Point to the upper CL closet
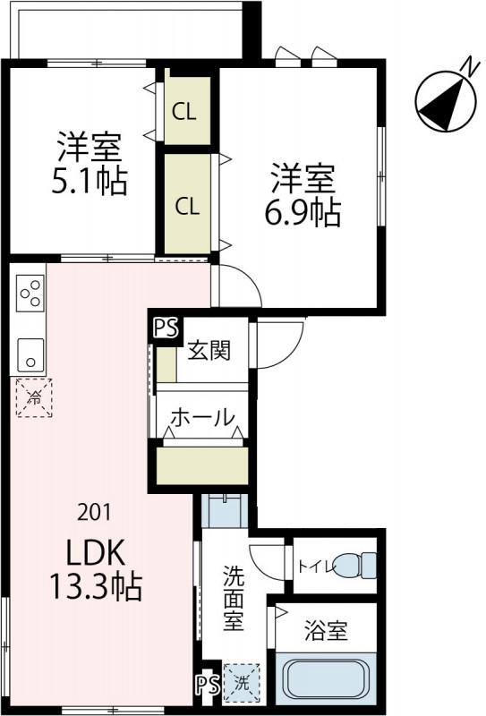click(186, 112)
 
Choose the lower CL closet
click(186, 206)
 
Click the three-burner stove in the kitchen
click(30, 294)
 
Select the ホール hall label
click(202, 417)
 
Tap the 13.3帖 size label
click(95, 587)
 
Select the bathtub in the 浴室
click(326, 682)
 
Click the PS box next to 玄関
click(166, 328)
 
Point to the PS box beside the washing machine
click(207, 685)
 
